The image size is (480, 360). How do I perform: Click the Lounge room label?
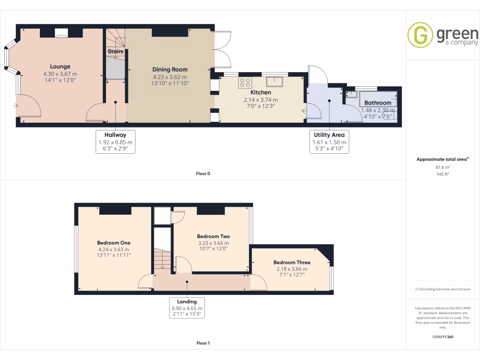click(x=60, y=67)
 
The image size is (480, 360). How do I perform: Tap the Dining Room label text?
click(x=170, y=69)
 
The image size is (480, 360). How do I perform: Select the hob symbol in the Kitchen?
click(x=245, y=83)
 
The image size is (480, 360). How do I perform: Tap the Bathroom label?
click(x=377, y=103)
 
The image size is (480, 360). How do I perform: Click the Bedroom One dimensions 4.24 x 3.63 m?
click(x=113, y=249)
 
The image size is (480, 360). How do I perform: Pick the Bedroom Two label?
click(x=213, y=236)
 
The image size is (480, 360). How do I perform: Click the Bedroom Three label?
click(x=292, y=262)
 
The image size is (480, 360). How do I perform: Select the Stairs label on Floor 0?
click(x=115, y=52)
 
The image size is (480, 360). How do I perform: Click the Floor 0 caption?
click(x=203, y=173)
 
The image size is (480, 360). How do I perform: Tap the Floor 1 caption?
click(x=203, y=343)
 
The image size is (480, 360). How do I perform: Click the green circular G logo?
click(x=420, y=35)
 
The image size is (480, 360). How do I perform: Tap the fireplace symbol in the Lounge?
click(x=60, y=33)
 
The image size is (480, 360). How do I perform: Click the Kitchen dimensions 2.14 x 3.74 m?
click(x=261, y=100)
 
